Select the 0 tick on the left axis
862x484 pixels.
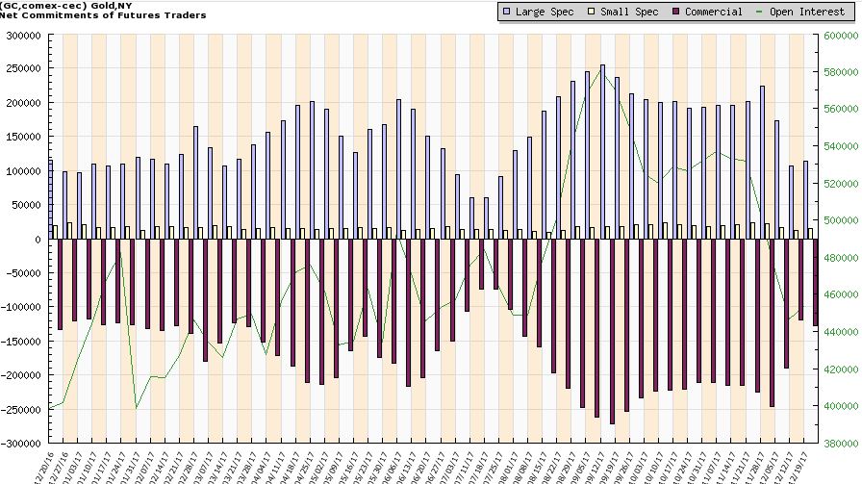(39, 240)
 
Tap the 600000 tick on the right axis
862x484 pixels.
(841, 35)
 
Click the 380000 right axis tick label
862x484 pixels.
(841, 445)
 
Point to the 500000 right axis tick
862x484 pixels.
(841, 220)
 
